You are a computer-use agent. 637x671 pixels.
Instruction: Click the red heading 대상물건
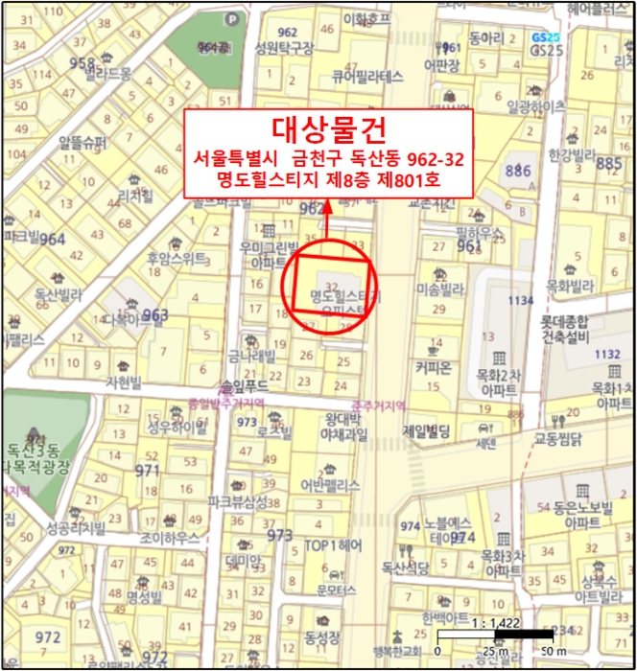click(328, 128)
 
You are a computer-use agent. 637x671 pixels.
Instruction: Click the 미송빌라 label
click(440, 288)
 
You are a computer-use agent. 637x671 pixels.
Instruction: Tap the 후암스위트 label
click(177, 258)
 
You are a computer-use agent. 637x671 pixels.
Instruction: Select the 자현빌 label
click(123, 382)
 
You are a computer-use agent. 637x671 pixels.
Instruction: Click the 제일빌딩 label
click(428, 430)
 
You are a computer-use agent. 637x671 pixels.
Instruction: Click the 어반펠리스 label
click(330, 485)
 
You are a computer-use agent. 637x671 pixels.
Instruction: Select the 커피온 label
click(434, 367)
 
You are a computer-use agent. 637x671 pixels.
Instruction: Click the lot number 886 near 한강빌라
click(517, 171)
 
